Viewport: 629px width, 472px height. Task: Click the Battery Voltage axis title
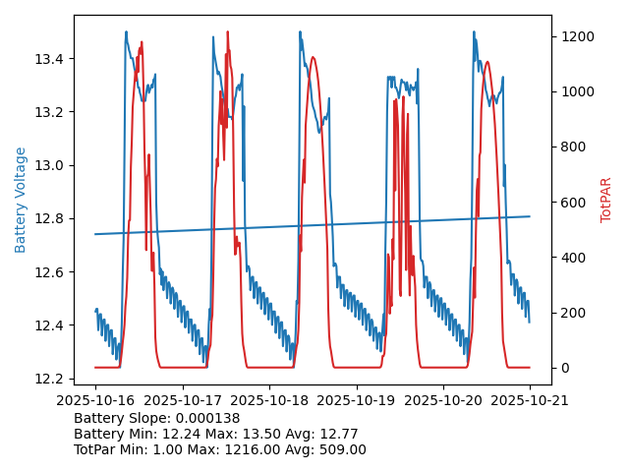click(x=21, y=200)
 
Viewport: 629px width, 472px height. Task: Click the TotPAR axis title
click(x=606, y=200)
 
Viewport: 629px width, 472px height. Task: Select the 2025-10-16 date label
click(x=95, y=401)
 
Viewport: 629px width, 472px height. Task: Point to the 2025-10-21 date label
click(x=530, y=401)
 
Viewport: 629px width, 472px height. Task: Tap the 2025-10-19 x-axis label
click(x=356, y=401)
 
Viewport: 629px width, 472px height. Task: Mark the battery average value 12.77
click(x=338, y=434)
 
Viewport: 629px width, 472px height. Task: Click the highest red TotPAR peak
click(x=227, y=31)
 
